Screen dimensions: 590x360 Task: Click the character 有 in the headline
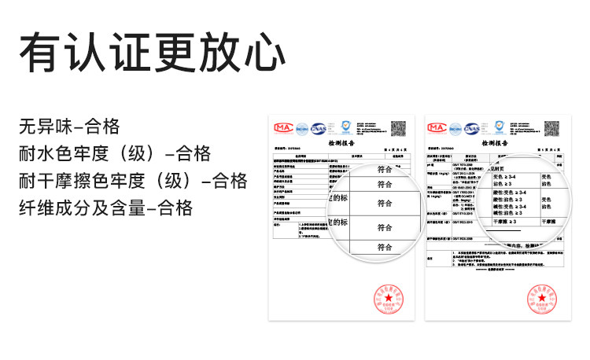pos(37,54)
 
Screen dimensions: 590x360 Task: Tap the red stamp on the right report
pos(544,299)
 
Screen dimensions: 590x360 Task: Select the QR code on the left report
pos(400,127)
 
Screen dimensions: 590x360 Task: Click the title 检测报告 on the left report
pos(341,144)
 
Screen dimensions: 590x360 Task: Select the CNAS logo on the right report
pos(473,127)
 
